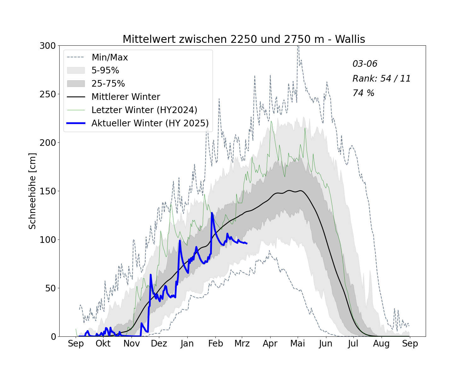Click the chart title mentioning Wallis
244,39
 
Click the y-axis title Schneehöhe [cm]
32,191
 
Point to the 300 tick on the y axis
48,46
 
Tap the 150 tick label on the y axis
48,191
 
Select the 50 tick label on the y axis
50,288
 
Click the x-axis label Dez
159,343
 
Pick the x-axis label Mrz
242,343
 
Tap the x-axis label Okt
103,343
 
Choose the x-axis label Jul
353,343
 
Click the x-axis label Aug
381,343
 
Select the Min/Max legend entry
109,57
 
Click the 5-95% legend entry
105,70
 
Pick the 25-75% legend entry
108,83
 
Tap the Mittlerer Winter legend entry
126,97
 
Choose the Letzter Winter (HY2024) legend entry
144,110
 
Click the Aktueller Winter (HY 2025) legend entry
150,123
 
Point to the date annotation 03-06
365,64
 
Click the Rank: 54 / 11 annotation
382,78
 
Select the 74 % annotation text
363,93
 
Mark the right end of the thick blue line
247,243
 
